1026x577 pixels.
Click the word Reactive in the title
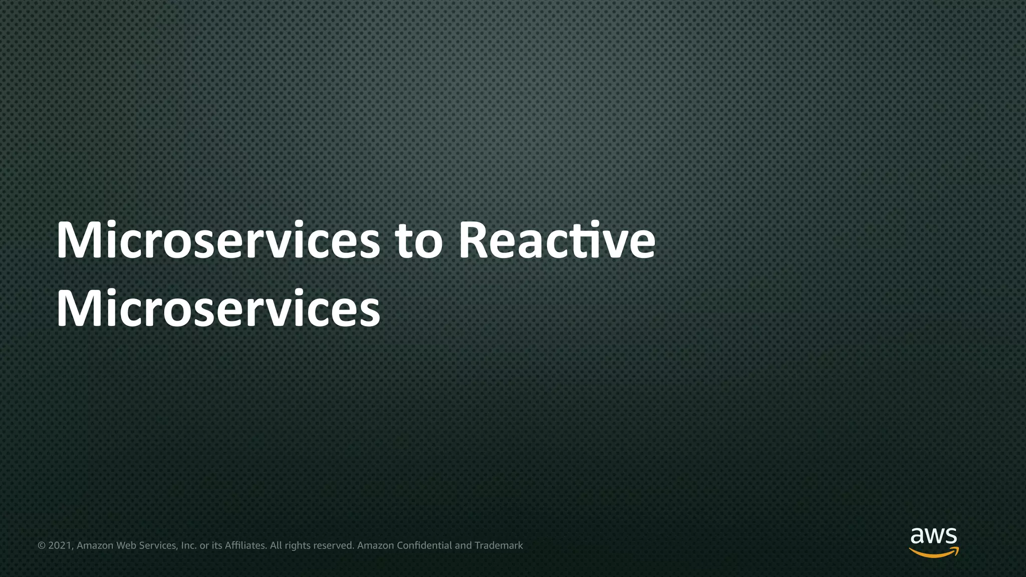[557, 241]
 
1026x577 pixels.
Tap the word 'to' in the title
[419, 242]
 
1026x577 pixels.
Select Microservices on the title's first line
[218, 241]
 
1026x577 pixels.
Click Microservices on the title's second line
[218, 309]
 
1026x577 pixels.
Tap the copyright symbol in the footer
[42, 545]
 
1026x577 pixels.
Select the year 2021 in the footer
[61, 545]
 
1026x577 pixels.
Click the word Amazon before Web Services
[95, 545]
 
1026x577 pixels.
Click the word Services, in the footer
[158, 545]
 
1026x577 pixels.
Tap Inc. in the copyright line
[189, 545]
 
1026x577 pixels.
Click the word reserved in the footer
[334, 545]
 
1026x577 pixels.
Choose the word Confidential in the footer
[424, 545]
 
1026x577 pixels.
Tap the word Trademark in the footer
[498, 545]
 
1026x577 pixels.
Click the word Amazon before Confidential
[376, 545]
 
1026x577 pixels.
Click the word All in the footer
[276, 545]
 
